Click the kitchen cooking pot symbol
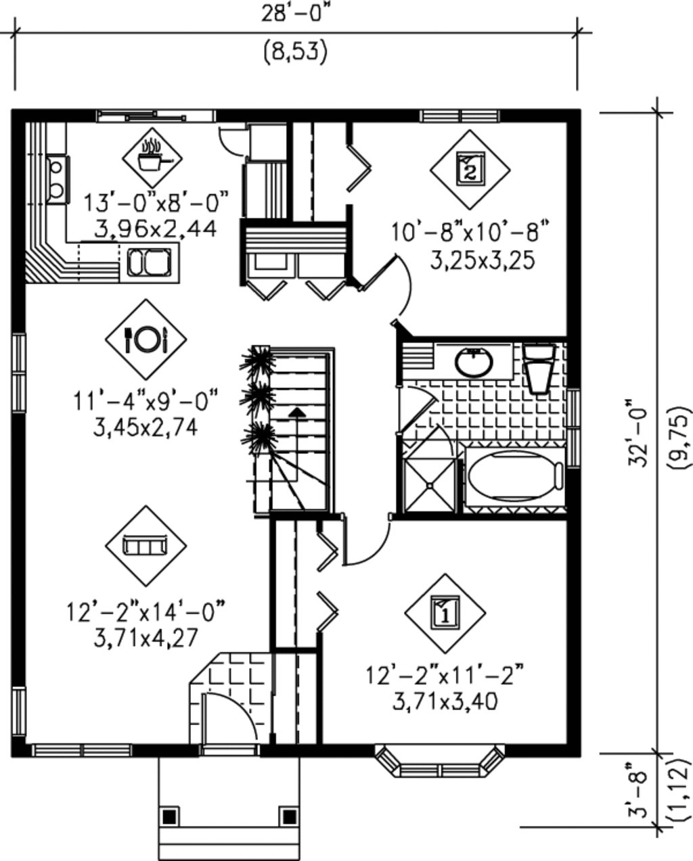[152, 158]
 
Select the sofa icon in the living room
[146, 545]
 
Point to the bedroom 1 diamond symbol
[445, 613]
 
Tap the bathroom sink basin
[473, 363]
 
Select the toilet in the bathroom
[541, 369]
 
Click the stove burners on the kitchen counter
[56, 178]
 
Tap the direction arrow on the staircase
[296, 412]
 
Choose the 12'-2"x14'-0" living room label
[146, 611]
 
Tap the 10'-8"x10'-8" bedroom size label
[468, 232]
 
